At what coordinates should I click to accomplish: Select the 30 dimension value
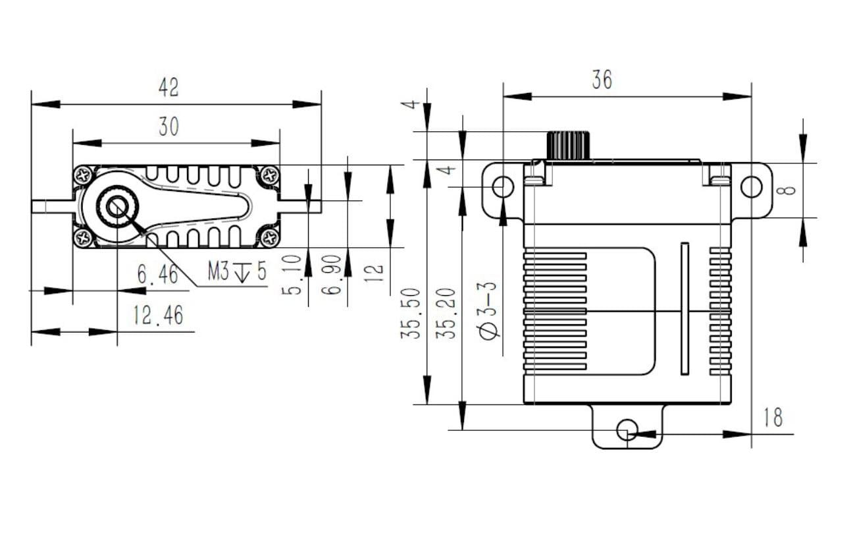(x=168, y=127)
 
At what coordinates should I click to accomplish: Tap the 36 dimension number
(x=602, y=80)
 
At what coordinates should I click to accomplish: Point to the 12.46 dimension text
(x=158, y=316)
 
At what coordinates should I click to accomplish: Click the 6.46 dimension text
(x=158, y=274)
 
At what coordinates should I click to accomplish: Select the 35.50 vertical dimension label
(x=411, y=312)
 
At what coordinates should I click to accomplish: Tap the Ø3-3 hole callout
(x=490, y=310)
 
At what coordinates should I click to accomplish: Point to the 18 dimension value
(x=773, y=418)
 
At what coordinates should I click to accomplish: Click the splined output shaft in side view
(x=567, y=145)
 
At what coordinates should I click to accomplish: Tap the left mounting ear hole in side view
(x=503, y=187)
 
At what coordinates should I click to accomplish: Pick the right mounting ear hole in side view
(x=751, y=187)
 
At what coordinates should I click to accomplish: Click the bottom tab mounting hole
(x=627, y=430)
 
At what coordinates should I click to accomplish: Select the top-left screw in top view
(x=84, y=175)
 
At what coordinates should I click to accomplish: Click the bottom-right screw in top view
(x=269, y=237)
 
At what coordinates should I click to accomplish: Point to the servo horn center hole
(x=117, y=206)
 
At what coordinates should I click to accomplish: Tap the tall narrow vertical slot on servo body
(x=685, y=308)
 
